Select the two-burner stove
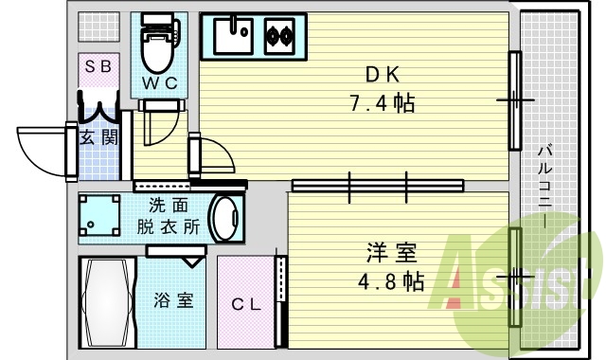281,37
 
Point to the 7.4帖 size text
383,102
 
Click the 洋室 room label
391,253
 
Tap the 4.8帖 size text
391,281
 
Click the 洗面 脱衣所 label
169,216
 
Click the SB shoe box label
97,66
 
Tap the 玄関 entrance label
98,137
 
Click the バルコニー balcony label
546,185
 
